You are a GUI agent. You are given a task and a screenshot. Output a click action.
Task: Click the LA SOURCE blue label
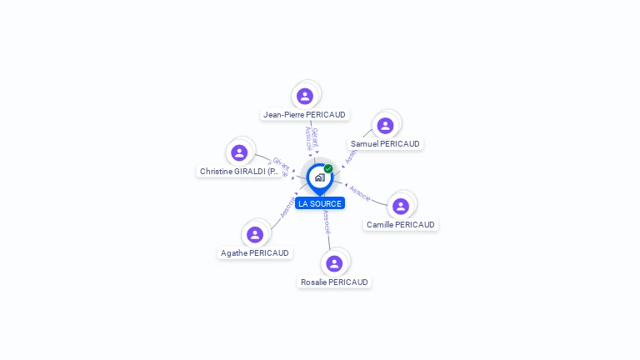pos(319,203)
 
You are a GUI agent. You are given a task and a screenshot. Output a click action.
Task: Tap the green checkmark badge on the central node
pos(328,169)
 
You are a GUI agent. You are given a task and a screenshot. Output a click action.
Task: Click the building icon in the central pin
pos(319,177)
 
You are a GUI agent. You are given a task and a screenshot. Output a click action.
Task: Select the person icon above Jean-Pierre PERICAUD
pos(305,96)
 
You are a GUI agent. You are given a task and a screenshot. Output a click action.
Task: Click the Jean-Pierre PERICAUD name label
pos(304,115)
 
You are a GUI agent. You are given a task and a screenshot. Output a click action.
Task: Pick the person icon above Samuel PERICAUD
pos(385,126)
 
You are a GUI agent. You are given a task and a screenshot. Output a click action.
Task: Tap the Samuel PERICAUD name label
pos(385,143)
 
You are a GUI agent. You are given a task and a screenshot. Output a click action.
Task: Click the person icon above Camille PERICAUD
pos(401,207)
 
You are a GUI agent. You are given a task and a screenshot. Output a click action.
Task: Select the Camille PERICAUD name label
pos(401,225)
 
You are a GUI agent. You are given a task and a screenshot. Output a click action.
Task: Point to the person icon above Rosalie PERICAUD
pos(334,263)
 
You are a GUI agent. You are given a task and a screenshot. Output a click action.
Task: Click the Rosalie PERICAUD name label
pos(334,282)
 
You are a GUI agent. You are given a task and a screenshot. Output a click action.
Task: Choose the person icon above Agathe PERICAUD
pos(255,235)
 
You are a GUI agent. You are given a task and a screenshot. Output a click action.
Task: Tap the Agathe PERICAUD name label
pos(255,253)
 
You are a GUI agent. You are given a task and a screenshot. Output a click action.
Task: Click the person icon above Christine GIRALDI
pos(239,152)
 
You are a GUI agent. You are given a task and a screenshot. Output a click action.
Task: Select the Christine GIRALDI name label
pos(239,172)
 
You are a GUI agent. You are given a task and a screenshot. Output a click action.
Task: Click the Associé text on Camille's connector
pos(360,192)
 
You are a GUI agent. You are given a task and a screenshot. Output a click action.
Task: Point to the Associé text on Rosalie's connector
pos(327,221)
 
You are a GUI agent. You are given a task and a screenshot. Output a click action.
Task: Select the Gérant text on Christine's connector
pos(280,162)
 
